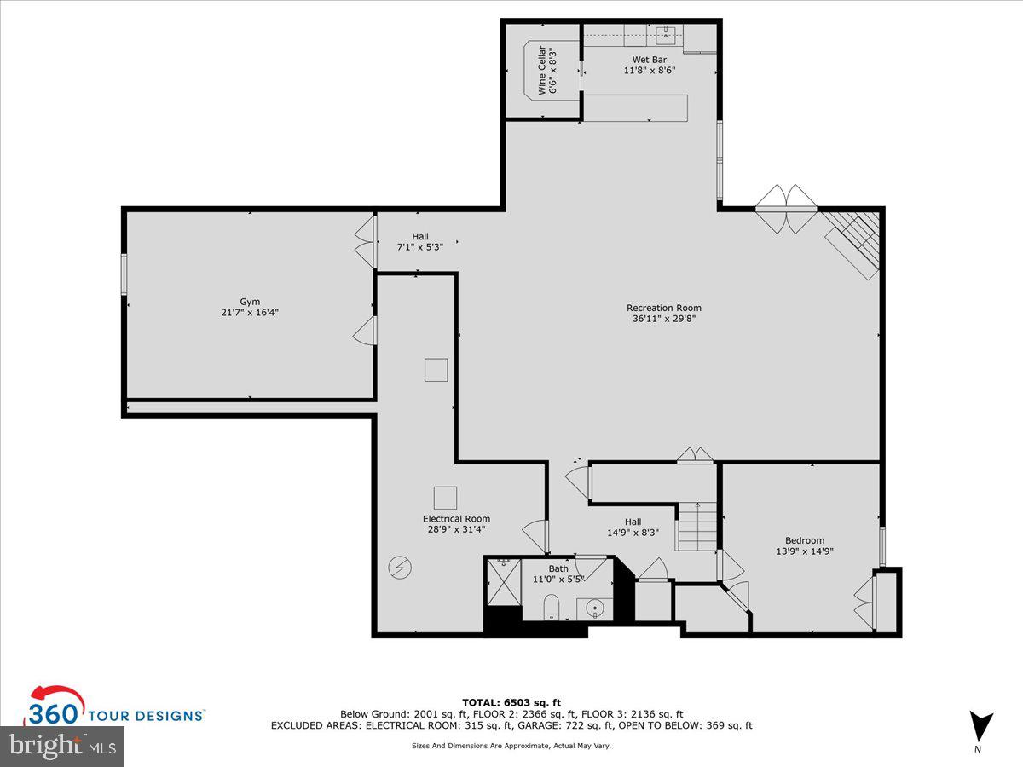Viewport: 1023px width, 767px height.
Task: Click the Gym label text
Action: [x=249, y=302]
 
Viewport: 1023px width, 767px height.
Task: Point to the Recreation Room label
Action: [x=663, y=308]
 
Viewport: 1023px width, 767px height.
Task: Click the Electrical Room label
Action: [x=456, y=518]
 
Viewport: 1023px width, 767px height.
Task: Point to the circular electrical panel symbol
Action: [x=398, y=567]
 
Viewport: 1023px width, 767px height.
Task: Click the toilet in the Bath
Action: [x=552, y=607]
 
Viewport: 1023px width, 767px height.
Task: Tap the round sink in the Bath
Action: [x=595, y=608]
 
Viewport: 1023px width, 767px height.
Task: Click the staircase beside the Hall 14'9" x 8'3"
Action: [x=697, y=527]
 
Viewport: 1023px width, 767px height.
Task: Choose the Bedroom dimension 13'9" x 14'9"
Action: [x=804, y=551]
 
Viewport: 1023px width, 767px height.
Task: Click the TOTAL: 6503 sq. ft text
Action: [x=511, y=702]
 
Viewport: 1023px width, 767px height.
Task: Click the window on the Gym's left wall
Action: [x=124, y=274]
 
